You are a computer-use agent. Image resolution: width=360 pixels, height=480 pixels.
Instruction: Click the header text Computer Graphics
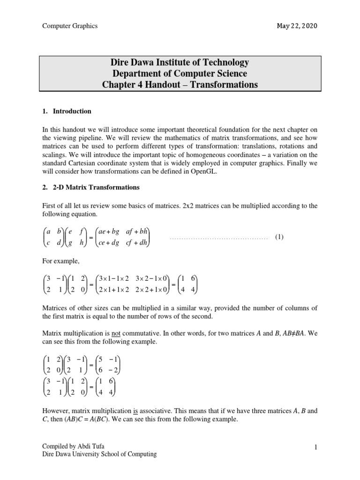click(70, 26)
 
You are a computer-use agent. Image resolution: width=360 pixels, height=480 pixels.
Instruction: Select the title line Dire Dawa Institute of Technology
click(180, 62)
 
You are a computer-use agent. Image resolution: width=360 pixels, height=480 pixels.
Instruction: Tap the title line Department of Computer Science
click(180, 74)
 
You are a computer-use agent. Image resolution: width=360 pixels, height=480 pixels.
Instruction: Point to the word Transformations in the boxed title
click(228, 85)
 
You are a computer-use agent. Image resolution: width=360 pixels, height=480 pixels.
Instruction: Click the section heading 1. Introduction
click(67, 112)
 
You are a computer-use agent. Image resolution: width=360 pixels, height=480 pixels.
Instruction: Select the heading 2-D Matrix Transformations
click(96, 187)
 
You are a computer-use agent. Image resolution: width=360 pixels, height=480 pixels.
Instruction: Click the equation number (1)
click(279, 238)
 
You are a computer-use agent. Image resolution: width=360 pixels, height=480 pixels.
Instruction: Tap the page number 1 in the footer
click(316, 447)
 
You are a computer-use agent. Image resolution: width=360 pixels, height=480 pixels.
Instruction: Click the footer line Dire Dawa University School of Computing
click(99, 454)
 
